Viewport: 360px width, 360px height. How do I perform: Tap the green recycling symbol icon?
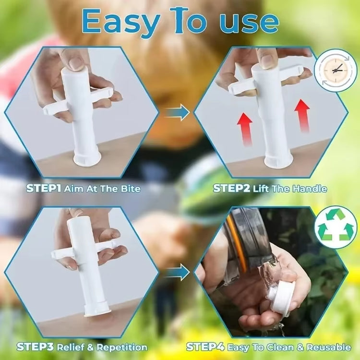click(x=337, y=227)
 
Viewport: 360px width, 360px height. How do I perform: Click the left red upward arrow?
click(x=244, y=127)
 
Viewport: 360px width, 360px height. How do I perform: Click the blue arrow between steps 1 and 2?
click(x=177, y=112)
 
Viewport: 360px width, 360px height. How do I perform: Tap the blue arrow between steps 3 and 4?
click(x=177, y=273)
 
